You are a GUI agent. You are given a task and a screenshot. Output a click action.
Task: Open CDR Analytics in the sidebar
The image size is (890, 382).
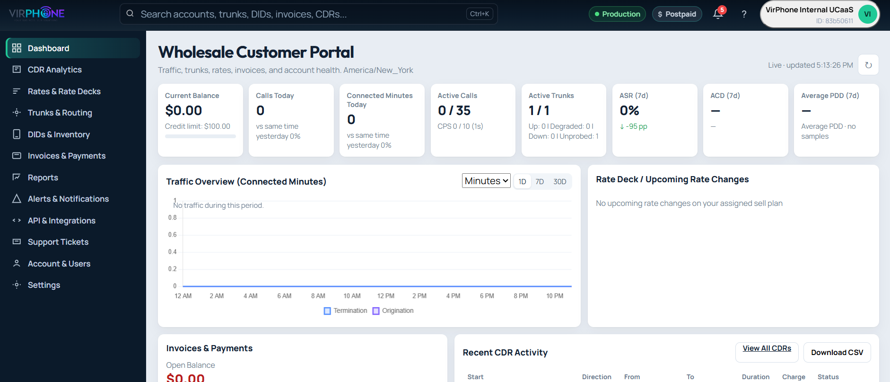(54, 70)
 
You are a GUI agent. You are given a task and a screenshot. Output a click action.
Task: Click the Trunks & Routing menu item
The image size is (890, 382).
(60, 113)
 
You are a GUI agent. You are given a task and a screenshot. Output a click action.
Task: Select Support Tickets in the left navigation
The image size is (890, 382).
(58, 242)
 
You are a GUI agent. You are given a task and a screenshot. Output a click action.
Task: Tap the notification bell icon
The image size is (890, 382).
(718, 14)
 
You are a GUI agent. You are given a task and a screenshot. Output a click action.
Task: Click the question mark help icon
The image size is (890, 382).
(744, 14)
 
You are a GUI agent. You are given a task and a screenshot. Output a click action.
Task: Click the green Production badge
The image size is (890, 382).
(617, 14)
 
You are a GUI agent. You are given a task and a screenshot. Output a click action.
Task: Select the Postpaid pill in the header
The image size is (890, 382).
(677, 14)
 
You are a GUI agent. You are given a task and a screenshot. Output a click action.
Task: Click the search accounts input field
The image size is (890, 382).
(303, 14)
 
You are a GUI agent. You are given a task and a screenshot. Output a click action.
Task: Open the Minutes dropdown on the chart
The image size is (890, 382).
(486, 181)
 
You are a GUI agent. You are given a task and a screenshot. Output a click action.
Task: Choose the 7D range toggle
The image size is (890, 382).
(540, 182)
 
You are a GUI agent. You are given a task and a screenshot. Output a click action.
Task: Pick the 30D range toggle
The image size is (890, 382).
(560, 182)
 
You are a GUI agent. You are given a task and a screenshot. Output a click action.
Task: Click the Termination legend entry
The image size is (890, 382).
(346, 311)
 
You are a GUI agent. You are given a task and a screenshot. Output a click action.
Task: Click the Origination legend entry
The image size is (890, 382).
(393, 311)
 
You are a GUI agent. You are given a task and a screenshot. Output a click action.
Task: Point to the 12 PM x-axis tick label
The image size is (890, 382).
(386, 296)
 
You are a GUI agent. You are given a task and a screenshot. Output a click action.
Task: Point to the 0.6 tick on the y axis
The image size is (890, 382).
(173, 235)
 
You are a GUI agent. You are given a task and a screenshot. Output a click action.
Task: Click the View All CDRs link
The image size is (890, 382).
(767, 348)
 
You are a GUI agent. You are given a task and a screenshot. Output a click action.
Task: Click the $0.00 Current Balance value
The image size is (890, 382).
(183, 110)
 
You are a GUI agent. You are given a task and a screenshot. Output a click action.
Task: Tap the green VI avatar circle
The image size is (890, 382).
(867, 14)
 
